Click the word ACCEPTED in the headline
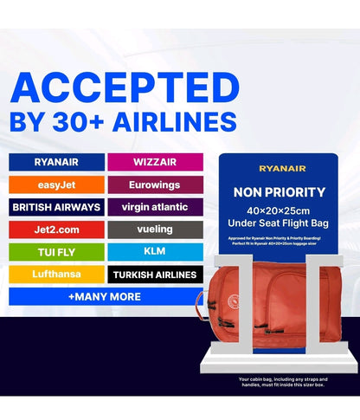point(123,88)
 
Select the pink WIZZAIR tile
point(155,162)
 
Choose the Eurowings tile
point(155,184)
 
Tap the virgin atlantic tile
point(155,208)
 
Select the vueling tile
point(155,230)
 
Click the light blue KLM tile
point(155,252)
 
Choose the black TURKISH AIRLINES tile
point(155,275)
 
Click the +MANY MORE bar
point(105,297)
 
